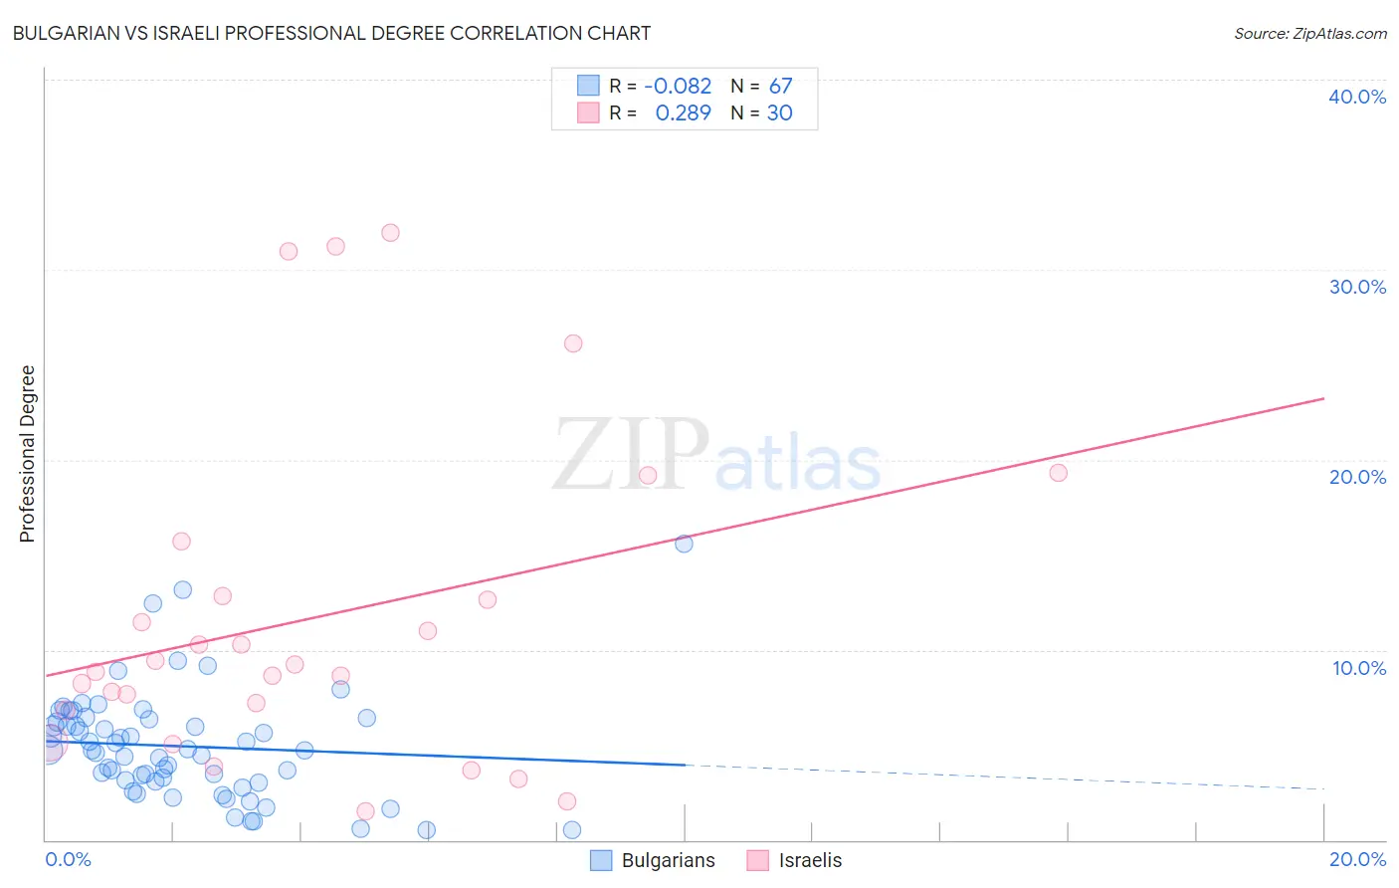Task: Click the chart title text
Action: click(331, 33)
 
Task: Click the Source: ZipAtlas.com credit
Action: click(1309, 33)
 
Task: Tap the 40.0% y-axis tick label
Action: click(1356, 97)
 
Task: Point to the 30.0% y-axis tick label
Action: click(1356, 287)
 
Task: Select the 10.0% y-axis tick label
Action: click(1358, 668)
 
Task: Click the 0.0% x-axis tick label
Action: click(68, 859)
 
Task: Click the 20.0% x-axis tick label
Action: click(1356, 859)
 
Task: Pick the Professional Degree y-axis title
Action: click(27, 454)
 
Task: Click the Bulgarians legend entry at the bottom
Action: click(653, 861)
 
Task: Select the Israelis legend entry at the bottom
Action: click(794, 861)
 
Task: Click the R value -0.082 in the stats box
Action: click(678, 87)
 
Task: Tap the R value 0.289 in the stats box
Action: click(683, 113)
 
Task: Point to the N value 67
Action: click(780, 87)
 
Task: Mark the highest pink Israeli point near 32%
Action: click(390, 233)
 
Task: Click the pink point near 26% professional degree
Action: click(573, 343)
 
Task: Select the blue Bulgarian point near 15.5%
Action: click(684, 544)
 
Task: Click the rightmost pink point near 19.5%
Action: click(1058, 473)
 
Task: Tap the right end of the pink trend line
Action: click(1322, 399)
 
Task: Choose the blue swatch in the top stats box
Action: click(589, 87)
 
